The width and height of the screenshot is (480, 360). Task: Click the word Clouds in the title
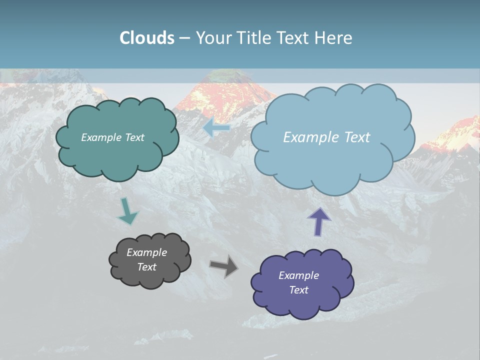pyautogui.click(x=147, y=38)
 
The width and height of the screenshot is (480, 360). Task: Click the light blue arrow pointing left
pyautogui.click(x=216, y=127)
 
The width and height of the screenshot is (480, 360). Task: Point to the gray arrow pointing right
pyautogui.click(x=223, y=266)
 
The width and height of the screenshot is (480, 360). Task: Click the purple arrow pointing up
pyautogui.click(x=319, y=221)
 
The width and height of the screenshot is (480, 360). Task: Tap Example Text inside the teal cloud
pyautogui.click(x=112, y=137)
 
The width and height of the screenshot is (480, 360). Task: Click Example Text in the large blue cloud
pyautogui.click(x=326, y=137)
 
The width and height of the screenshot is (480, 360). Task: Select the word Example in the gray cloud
pyautogui.click(x=146, y=252)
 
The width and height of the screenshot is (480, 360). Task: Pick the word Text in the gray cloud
pyautogui.click(x=146, y=267)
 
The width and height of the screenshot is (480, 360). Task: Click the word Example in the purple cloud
pyautogui.click(x=298, y=275)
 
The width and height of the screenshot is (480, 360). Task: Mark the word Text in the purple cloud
pyautogui.click(x=298, y=290)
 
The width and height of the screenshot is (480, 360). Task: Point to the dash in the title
pyautogui.click(x=184, y=38)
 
